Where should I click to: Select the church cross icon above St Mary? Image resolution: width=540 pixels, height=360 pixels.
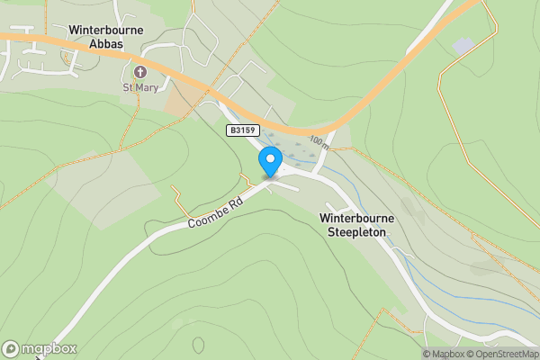[x=139, y=72]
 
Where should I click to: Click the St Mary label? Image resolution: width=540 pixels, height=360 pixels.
[x=139, y=87]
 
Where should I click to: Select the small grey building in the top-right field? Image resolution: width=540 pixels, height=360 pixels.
[x=463, y=45]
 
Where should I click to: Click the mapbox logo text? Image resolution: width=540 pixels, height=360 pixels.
[x=49, y=348]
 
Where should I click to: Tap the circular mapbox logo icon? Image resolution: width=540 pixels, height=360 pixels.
[x=11, y=348]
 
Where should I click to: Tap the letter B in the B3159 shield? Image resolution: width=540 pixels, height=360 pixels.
[x=231, y=130]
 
